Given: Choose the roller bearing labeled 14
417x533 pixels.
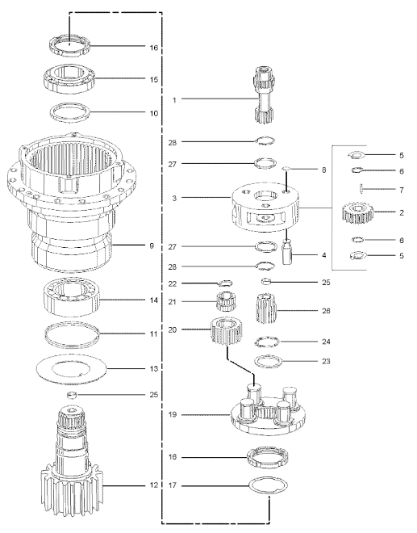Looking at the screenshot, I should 71,300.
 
